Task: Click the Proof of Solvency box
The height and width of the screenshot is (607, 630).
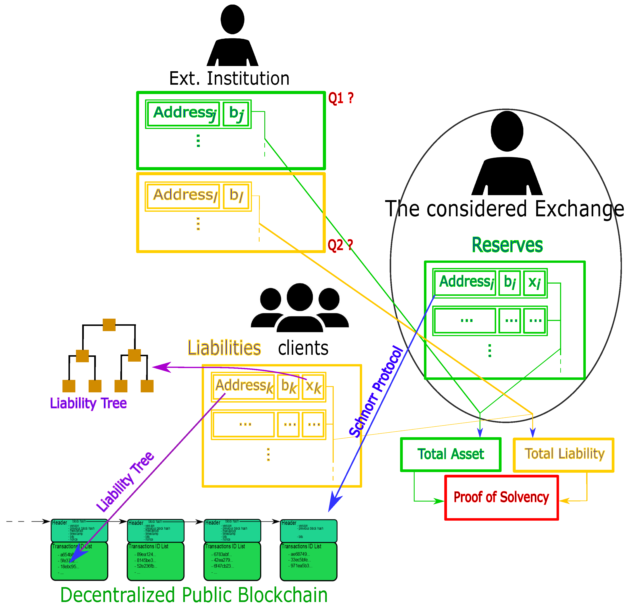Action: pos(501,497)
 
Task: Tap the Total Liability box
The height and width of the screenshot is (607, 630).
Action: pos(564,454)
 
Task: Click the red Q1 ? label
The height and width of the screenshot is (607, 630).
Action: pos(341,98)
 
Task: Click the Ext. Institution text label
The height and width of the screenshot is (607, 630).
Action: pos(229,78)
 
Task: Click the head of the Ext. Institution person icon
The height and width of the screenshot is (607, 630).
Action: pos(232,19)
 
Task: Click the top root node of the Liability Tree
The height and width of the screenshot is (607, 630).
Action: pos(109,325)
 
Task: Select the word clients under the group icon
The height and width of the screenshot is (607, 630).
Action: pos(303,348)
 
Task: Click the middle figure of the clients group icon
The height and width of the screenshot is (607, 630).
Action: pos(300,305)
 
